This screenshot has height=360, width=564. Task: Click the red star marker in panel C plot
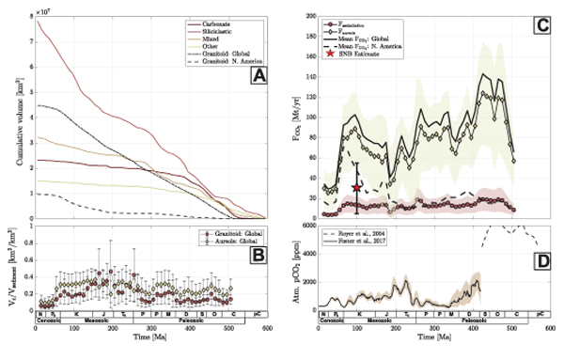356,188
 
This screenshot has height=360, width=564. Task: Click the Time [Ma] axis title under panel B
150,336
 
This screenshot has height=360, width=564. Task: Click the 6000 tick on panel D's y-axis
307,226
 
